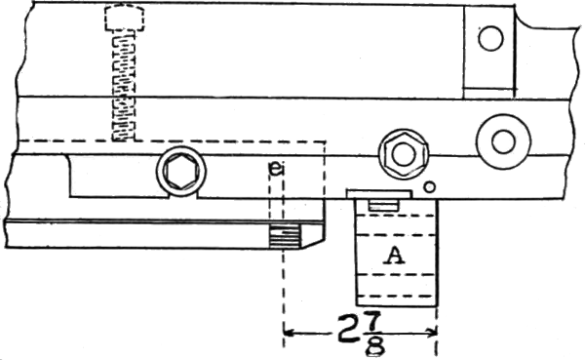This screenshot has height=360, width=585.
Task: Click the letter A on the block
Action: pyautogui.click(x=394, y=256)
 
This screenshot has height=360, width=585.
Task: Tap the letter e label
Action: pyautogui.click(x=276, y=169)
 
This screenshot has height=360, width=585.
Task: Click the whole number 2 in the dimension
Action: pyautogui.click(x=348, y=329)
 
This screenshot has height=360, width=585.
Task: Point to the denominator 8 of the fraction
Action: pyautogui.click(x=375, y=346)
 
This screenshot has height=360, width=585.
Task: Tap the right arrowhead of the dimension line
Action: pyautogui.click(x=432, y=332)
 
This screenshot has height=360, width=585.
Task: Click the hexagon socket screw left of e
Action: pyautogui.click(x=181, y=172)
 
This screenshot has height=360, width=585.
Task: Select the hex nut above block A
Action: pyautogui.click(x=404, y=154)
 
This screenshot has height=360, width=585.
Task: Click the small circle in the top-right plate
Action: pyautogui.click(x=490, y=38)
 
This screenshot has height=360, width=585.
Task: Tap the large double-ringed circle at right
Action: pyautogui.click(x=503, y=141)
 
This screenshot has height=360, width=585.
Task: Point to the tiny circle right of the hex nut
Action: pyautogui.click(x=430, y=186)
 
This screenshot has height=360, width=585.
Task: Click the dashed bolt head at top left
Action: pyautogui.click(x=125, y=18)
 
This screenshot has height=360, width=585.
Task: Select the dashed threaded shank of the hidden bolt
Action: pyautogui.click(x=124, y=86)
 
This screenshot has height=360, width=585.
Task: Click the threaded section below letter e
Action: pyautogui.click(x=285, y=237)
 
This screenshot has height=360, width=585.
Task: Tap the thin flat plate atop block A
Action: pyautogui.click(x=379, y=194)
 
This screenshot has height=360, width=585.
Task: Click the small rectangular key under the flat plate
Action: pyautogui.click(x=383, y=205)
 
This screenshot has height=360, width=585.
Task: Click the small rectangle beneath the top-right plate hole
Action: pyautogui.click(x=488, y=93)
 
